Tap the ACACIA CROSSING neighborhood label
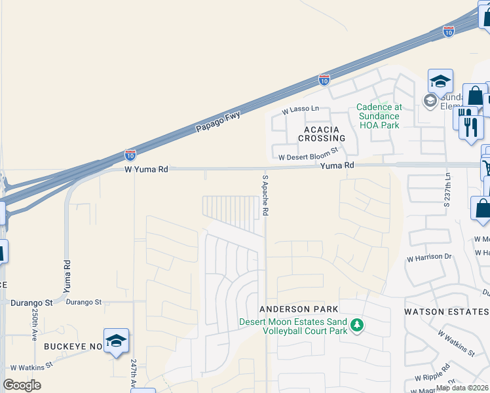click(321, 134)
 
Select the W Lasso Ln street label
click(300, 109)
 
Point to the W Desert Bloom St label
click(308, 154)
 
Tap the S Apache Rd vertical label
click(265, 195)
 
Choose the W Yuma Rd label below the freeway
click(146, 169)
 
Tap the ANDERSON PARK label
click(298, 309)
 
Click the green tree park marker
click(356, 326)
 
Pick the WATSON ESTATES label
click(445, 311)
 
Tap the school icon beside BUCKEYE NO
click(116, 341)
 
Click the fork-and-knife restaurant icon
click(468, 121)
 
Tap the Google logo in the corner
click(22, 385)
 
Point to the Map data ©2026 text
click(462, 388)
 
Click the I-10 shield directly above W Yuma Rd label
click(130, 155)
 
